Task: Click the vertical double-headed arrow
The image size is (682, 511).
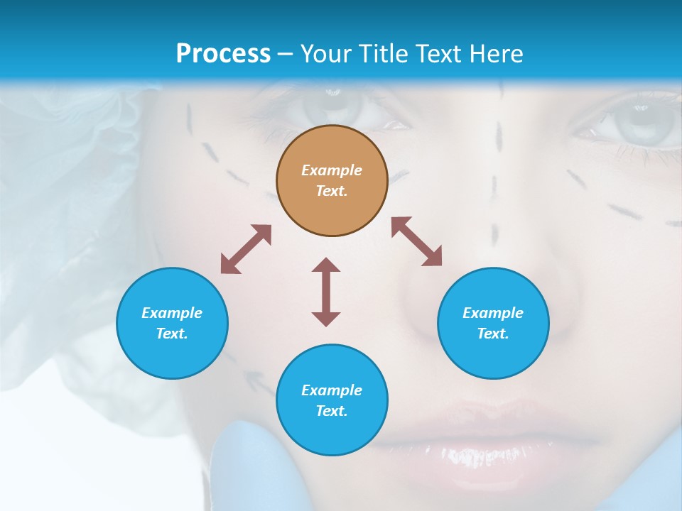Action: click(326, 292)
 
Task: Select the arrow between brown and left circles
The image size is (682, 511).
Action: click(246, 249)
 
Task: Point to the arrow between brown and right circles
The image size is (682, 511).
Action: click(416, 241)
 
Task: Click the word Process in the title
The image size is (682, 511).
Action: click(223, 53)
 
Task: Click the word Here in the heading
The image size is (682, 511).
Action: click(494, 53)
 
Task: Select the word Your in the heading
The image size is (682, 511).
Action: click(325, 53)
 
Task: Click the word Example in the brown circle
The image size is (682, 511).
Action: click(332, 170)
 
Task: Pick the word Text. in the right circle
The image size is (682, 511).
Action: click(493, 334)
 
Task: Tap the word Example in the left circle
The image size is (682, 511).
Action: click(172, 313)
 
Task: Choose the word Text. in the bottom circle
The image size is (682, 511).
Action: click(332, 411)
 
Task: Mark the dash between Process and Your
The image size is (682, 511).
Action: click(286, 54)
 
